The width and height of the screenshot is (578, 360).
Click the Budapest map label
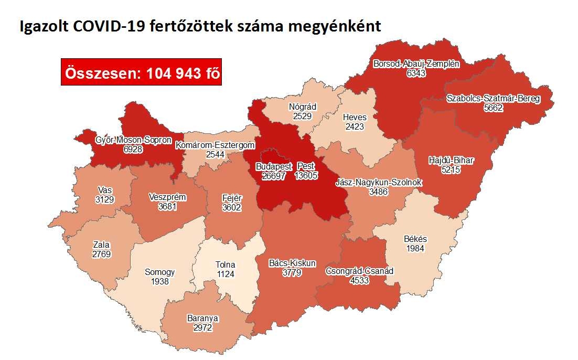[273, 166]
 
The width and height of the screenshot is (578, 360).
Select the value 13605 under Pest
[306, 176]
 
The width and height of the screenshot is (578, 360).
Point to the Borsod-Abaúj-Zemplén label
[416, 64]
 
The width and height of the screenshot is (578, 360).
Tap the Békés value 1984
[415, 248]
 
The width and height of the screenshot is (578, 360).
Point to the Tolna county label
[225, 264]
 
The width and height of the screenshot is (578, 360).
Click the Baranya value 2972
[202, 327]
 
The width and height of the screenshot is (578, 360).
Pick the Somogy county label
[159, 272]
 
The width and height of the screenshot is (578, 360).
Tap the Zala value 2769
[102, 254]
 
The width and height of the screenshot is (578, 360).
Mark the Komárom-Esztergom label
[215, 145]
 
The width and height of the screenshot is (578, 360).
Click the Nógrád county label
[303, 107]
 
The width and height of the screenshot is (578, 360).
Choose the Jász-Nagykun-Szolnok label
[379, 182]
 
